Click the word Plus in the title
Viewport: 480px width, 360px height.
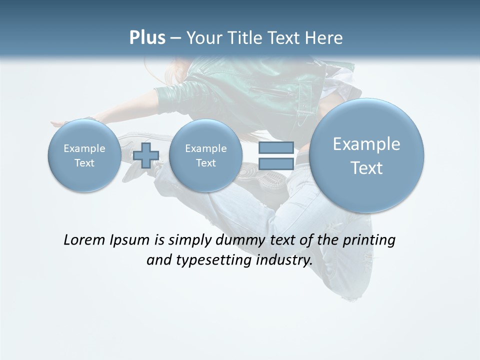point(147,38)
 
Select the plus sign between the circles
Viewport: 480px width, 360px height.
point(146,155)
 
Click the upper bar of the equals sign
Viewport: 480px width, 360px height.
point(275,147)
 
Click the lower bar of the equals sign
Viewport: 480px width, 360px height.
point(275,164)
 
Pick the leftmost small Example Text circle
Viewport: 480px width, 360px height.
point(84,155)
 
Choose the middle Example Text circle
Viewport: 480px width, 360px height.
point(205,155)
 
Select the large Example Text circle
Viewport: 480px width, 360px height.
point(366,155)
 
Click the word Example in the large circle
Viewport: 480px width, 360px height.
point(366,144)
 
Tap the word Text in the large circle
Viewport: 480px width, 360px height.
point(366,168)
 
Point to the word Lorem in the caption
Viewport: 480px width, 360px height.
point(84,240)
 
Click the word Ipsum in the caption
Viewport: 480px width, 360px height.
point(130,240)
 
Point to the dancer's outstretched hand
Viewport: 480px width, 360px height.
point(59,123)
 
